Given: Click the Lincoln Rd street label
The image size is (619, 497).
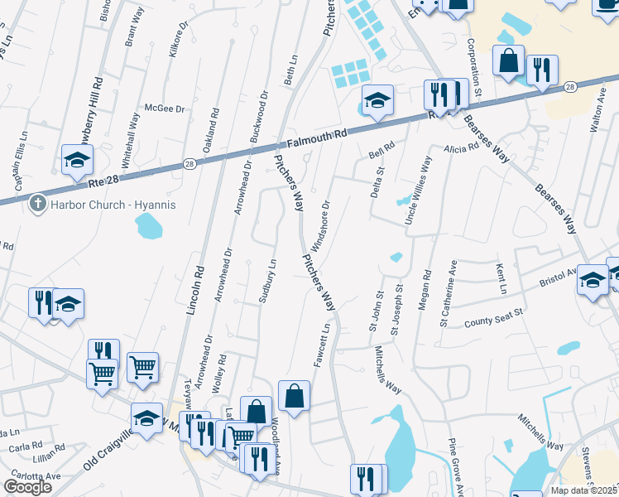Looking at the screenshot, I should [x=196, y=289].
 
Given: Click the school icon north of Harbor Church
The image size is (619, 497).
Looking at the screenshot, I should [x=77, y=159].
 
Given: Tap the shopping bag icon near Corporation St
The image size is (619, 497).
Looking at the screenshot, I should [x=508, y=60].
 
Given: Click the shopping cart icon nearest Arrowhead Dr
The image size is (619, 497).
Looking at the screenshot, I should [x=142, y=365].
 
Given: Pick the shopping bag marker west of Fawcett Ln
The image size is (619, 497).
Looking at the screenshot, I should [x=294, y=395].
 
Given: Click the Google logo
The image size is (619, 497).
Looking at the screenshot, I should [x=28, y=487].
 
